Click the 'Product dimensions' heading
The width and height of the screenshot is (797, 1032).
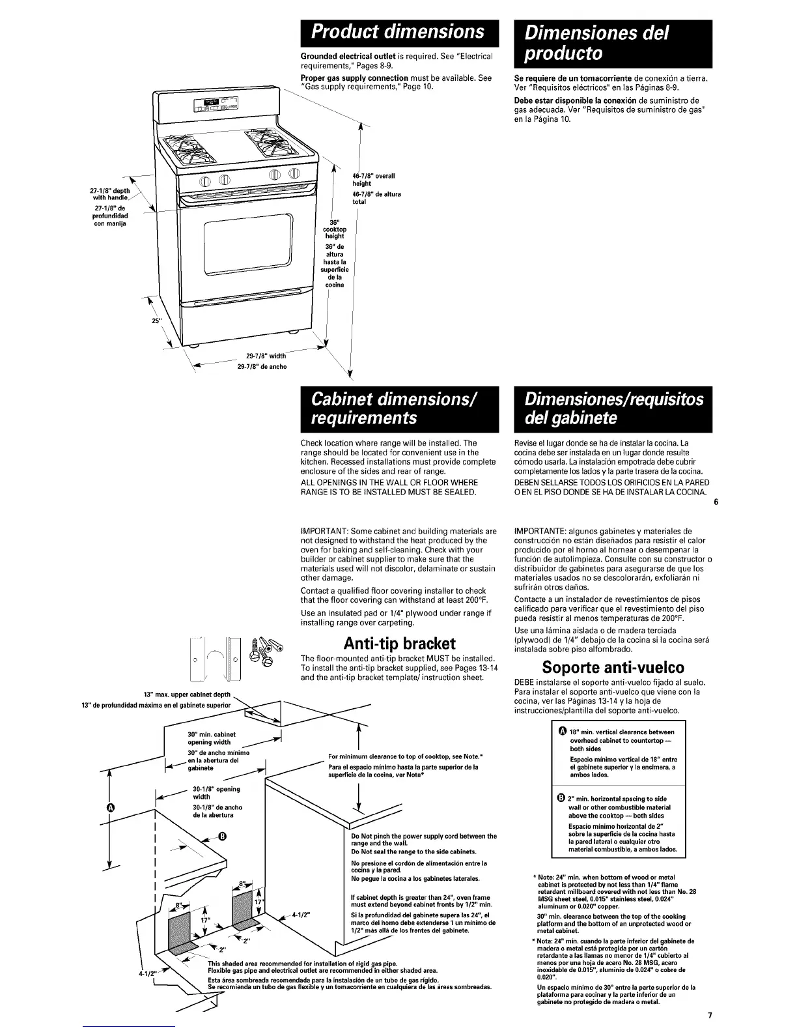click(398, 32)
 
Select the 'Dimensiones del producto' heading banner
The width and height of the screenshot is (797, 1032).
click(612, 43)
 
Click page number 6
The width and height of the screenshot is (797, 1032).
click(716, 502)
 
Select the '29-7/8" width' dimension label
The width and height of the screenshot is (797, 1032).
click(266, 356)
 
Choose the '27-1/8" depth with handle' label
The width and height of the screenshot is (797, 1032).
click(109, 194)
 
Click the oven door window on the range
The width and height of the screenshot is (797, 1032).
click(250, 248)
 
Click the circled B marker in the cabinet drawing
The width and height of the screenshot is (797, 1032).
click(221, 837)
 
